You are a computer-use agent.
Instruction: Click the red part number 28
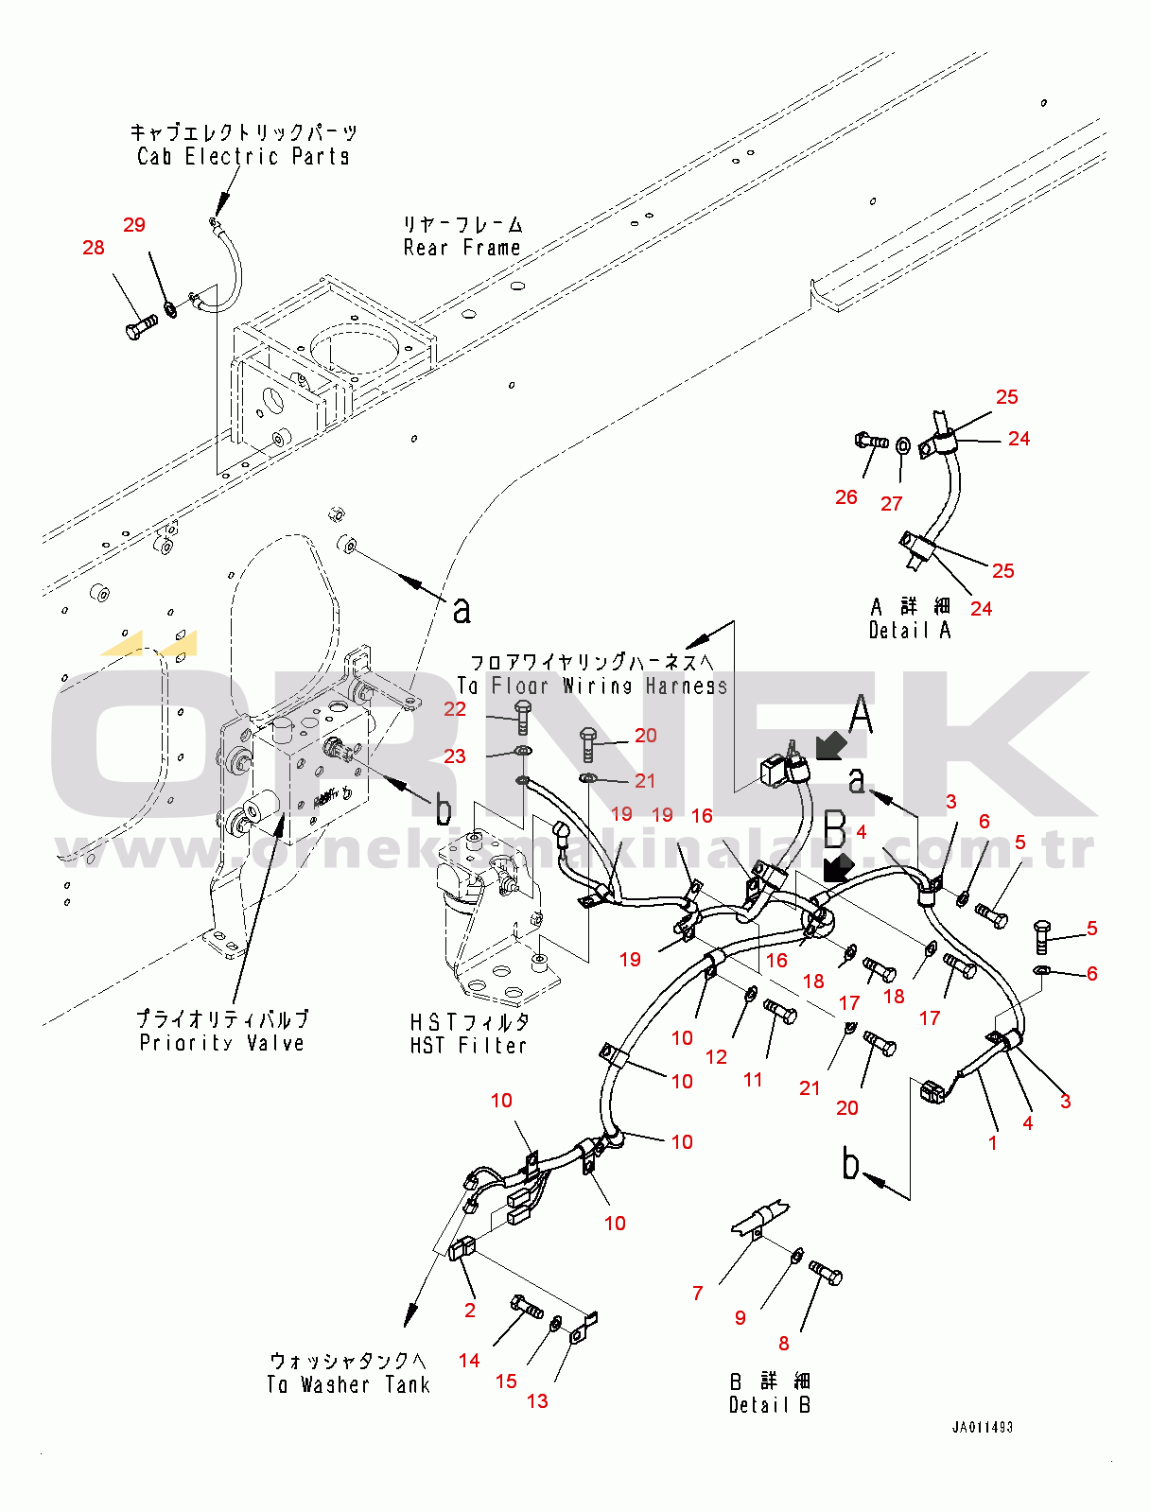pos(93,248)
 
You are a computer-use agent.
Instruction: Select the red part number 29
pos(134,225)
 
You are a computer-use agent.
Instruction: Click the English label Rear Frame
pos(462,248)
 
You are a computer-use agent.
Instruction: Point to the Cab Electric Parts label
pos(243,156)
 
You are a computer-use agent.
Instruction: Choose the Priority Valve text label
pos(222,1042)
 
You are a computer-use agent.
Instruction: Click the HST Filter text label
pos(468,1045)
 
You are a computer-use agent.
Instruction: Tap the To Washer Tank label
pos(348,1384)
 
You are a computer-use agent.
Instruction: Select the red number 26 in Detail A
pos(846,497)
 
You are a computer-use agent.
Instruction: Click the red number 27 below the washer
pos(892,504)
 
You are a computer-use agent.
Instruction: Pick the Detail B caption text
pos(769,1404)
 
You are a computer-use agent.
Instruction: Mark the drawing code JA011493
pos(982,1427)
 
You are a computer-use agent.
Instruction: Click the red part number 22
pos(455,709)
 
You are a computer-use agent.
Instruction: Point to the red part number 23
pos(455,756)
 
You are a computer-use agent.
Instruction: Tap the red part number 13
pos(537,1401)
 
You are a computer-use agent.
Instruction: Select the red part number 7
pos(698,1294)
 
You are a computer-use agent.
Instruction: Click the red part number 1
pos(993,1143)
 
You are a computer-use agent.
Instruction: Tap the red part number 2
pos(470,1311)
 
